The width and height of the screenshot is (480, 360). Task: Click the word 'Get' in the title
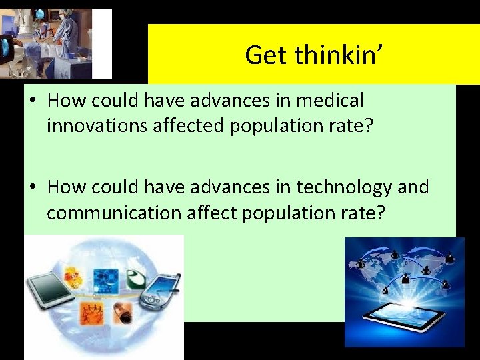click(266, 55)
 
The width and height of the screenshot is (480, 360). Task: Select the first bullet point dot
click(33, 101)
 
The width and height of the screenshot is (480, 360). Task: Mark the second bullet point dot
click(33, 188)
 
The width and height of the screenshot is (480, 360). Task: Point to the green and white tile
click(136, 277)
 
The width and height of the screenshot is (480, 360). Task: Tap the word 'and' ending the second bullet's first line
click(413, 187)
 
